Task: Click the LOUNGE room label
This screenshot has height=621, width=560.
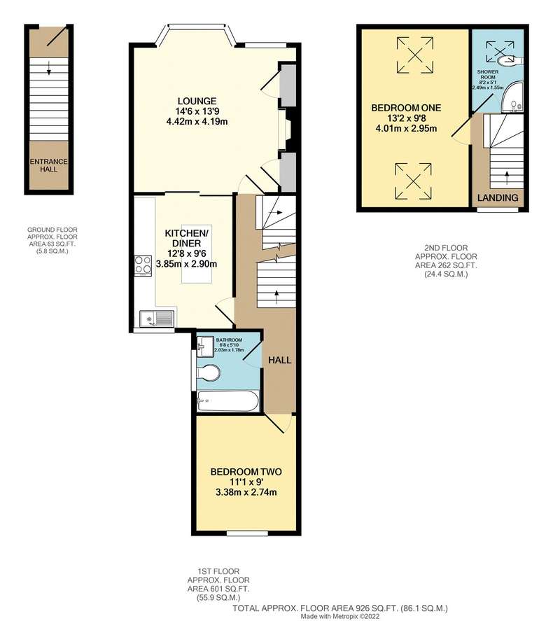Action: coord(197,101)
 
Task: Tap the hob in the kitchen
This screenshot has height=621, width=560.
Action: coord(143,265)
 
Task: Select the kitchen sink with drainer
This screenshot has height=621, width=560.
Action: coord(156,319)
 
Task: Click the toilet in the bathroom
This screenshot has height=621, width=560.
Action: coord(209,373)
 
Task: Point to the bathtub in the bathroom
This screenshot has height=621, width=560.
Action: coord(227,401)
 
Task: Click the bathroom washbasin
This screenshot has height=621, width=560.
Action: coord(205,347)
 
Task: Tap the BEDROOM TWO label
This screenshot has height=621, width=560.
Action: coord(246,472)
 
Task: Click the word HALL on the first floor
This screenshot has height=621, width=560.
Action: coord(279,360)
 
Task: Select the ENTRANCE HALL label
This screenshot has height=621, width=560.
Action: coord(49,165)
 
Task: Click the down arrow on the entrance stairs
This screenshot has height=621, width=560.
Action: coord(49,68)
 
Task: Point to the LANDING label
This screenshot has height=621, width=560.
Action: coord(498,197)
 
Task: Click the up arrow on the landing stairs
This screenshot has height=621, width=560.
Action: coord(507,179)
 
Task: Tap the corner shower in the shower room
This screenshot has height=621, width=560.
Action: coord(512,98)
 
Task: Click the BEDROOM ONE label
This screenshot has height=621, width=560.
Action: coord(406,108)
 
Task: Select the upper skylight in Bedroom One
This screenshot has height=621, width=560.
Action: coord(414,55)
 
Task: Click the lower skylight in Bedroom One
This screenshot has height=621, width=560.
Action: coord(413,181)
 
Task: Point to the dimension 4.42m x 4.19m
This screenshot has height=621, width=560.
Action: coord(197,122)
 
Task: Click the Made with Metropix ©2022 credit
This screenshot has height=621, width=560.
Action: coord(339,616)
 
